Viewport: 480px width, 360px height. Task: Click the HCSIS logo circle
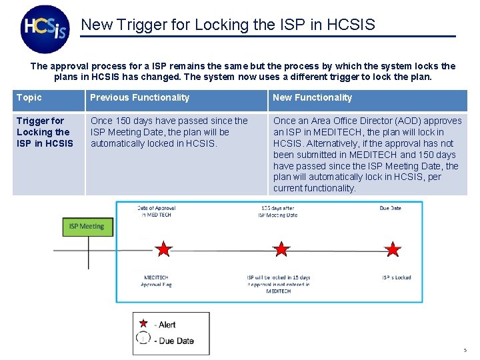coord(45,29)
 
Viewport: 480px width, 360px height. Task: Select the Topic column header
coord(29,98)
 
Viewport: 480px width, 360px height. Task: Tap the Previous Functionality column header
coord(139,98)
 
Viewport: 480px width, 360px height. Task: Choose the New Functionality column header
coord(312,98)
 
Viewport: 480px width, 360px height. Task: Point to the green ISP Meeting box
coord(87,227)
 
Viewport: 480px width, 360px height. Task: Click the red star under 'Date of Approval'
coord(163,250)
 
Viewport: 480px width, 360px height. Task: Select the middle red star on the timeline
coord(281,250)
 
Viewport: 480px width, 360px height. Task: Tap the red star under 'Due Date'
coord(393,250)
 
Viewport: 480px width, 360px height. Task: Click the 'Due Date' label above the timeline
coord(390,208)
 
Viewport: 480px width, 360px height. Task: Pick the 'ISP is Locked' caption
coord(396,277)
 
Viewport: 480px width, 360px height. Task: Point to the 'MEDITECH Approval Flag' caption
coord(156,281)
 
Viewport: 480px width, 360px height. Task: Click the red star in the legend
coord(143,323)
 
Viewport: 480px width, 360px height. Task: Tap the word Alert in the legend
coord(167,325)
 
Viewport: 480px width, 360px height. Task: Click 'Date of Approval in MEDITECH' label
coord(156,211)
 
